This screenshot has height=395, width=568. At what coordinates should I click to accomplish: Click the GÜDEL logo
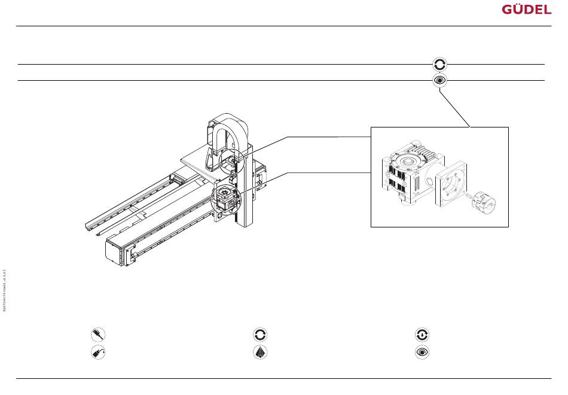click(526, 10)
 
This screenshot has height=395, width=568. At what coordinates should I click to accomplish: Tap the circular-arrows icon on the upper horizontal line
click(440, 64)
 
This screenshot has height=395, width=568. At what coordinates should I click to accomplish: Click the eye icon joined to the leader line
click(440, 80)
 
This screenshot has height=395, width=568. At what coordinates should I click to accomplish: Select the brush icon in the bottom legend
click(96, 335)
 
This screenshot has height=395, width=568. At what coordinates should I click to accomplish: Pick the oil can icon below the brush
click(96, 353)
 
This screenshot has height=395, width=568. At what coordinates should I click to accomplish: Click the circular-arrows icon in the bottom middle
click(260, 335)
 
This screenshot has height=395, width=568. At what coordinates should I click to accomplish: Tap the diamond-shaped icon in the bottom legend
click(260, 353)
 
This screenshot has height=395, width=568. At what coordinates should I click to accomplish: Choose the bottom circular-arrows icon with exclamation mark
click(423, 335)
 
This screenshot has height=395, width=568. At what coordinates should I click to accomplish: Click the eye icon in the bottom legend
click(423, 353)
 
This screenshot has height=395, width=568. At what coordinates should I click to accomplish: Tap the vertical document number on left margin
click(5, 291)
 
